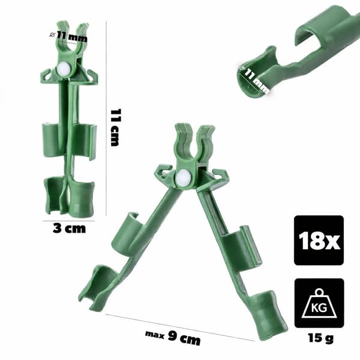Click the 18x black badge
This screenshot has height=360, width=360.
tap(319, 241)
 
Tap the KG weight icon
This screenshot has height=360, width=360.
tap(319, 303)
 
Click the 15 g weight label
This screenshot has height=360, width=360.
tap(320, 338)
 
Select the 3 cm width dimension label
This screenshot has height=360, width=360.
tap(70, 229)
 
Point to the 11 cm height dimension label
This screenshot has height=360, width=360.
tap(115, 128)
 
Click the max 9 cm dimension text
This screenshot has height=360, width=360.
tap(173, 337)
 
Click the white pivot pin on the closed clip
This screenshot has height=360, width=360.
tap(62, 68)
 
